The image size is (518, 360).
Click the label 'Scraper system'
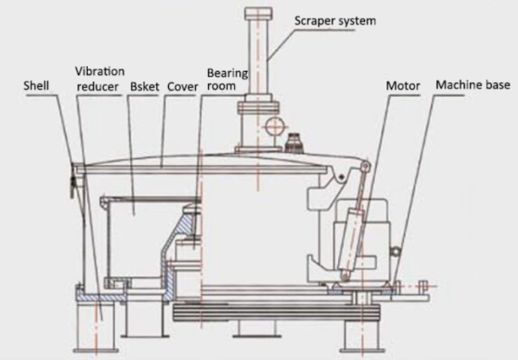click(x=335, y=21)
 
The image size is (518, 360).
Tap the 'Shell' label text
click(x=37, y=86)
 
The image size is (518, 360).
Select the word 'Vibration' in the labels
click(x=100, y=72)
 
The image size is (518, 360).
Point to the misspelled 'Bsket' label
click(x=145, y=87)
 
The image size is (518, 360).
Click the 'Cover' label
click(x=182, y=87)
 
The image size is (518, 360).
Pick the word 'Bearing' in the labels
click(x=227, y=73)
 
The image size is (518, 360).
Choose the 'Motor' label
click(x=403, y=86)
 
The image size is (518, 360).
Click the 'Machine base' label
click(x=473, y=85)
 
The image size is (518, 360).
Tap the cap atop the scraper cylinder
click(x=258, y=13)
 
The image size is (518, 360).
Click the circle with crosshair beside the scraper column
click(x=274, y=126)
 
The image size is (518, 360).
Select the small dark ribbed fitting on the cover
click(x=293, y=143)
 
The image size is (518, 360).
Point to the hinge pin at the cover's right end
click(x=365, y=167)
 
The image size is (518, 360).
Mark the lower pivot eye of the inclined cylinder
click(x=345, y=275)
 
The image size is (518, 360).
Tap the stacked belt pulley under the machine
click(x=277, y=313)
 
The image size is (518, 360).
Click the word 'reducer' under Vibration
click(x=97, y=87)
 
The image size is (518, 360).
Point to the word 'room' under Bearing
click(x=222, y=86)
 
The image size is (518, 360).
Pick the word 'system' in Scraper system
click(x=355, y=22)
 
